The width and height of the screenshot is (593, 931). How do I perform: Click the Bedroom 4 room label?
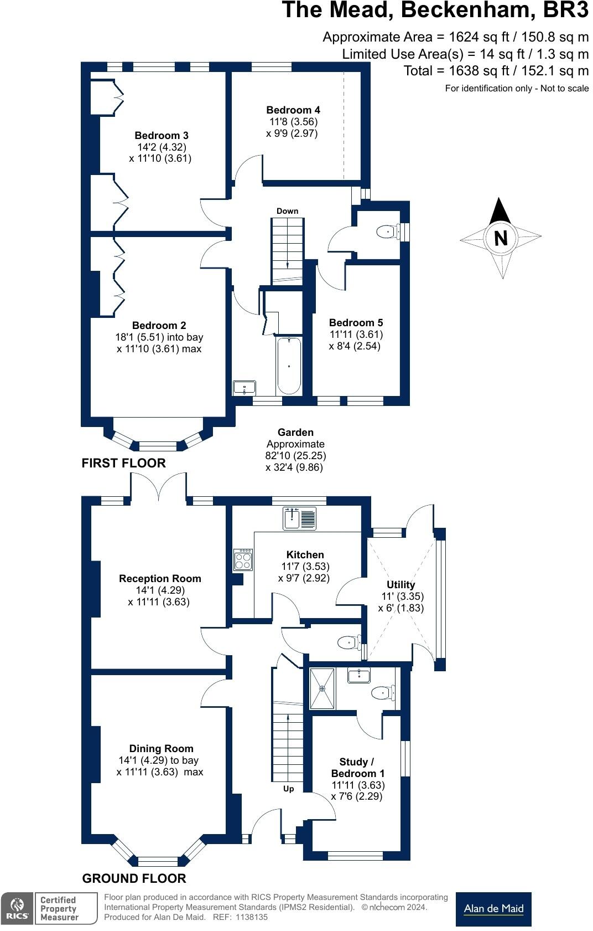[x=293, y=110]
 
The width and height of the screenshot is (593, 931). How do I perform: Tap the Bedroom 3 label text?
[x=161, y=136]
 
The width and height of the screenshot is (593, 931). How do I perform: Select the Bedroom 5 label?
[x=356, y=323]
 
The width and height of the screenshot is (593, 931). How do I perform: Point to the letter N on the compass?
[x=501, y=238]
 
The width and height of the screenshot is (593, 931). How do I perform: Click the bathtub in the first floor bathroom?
[x=289, y=366]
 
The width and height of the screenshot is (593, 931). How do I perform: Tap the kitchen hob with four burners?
[x=243, y=560]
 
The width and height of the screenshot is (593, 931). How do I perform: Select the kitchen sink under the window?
[x=299, y=518]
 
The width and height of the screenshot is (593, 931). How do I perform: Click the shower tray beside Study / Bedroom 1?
[x=322, y=688]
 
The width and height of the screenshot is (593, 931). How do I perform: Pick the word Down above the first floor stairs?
[x=287, y=211]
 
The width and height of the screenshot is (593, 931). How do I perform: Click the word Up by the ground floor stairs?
[x=288, y=789]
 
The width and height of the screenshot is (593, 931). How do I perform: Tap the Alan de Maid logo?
[x=493, y=908]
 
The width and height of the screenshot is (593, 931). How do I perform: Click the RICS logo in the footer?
[x=17, y=908]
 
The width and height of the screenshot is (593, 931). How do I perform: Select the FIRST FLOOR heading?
[x=123, y=463]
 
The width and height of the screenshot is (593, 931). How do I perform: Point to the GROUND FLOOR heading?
[x=134, y=878]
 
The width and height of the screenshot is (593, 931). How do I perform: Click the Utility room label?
[x=400, y=585]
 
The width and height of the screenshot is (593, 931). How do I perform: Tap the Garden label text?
[x=295, y=433]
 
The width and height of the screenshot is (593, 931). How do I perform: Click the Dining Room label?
[x=161, y=749]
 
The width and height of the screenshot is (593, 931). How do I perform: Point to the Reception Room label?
[x=160, y=579]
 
